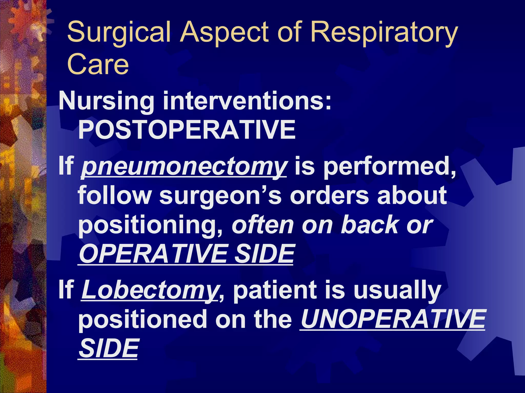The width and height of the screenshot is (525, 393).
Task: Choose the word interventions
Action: click(x=247, y=101)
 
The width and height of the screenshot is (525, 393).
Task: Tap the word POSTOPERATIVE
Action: click(x=187, y=130)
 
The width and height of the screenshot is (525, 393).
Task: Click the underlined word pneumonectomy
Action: click(x=184, y=167)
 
